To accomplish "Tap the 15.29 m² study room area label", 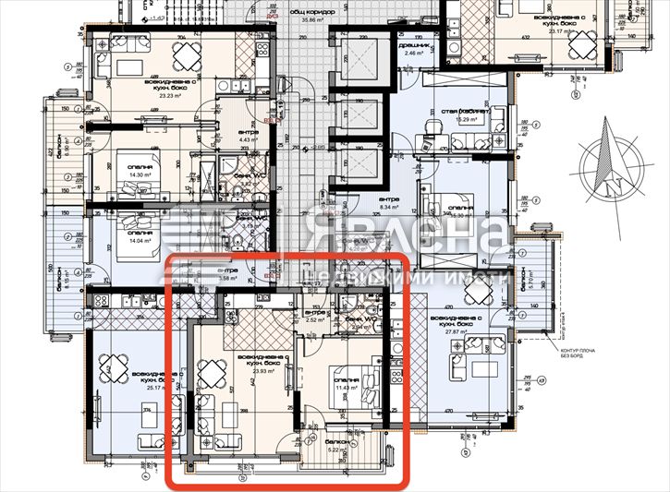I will coord(462,119).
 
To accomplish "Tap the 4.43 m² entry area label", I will coord(247,140).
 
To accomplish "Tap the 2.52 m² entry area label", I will coord(315,320).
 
